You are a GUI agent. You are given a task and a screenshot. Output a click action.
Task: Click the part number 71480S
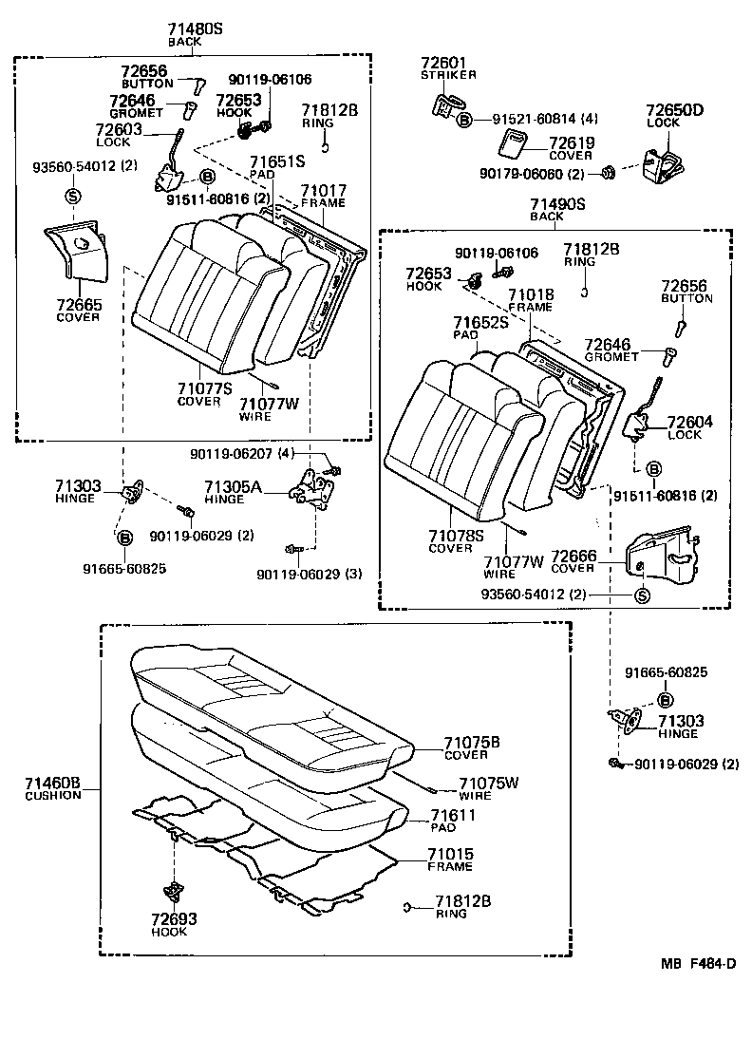(196, 29)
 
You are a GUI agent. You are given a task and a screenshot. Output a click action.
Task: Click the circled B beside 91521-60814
(464, 120)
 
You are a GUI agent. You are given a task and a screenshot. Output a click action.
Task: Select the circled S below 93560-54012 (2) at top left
(72, 197)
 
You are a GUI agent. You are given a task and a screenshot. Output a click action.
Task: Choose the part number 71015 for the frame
(452, 856)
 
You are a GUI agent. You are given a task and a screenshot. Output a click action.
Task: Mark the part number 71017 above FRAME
(323, 190)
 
